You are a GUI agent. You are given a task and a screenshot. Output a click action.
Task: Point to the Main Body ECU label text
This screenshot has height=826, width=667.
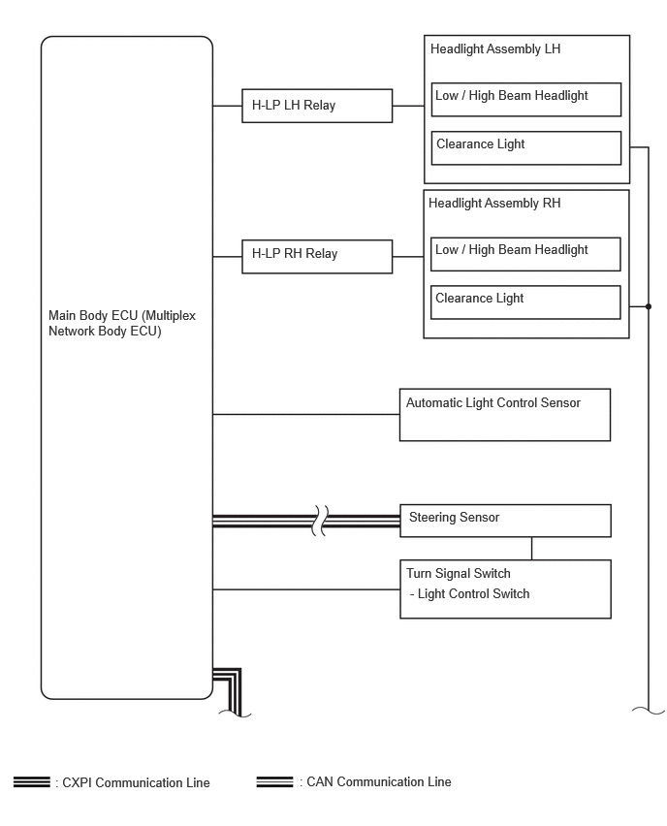[x=122, y=323]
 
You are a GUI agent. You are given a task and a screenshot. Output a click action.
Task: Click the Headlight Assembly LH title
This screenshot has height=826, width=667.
[x=495, y=49]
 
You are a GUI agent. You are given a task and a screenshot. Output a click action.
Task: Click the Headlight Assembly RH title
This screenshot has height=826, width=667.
[x=494, y=204]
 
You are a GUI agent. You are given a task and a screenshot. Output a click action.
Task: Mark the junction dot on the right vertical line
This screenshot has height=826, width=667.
[x=648, y=306]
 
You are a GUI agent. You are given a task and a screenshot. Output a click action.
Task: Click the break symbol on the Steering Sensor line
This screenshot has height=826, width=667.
[x=320, y=521]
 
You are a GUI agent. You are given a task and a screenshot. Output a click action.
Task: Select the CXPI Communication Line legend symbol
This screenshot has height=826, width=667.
[x=32, y=782]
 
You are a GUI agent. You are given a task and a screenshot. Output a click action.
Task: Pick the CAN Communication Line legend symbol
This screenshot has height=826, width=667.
[x=274, y=781]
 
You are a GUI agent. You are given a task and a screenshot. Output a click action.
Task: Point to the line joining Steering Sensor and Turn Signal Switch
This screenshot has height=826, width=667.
[x=531, y=549]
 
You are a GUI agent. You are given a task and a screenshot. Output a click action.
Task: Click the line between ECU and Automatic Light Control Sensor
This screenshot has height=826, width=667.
[x=306, y=415]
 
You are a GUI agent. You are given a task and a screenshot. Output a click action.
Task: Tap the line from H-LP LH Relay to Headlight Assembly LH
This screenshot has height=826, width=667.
[x=408, y=106]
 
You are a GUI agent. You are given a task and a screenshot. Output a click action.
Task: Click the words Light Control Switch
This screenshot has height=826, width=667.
[x=473, y=594]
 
